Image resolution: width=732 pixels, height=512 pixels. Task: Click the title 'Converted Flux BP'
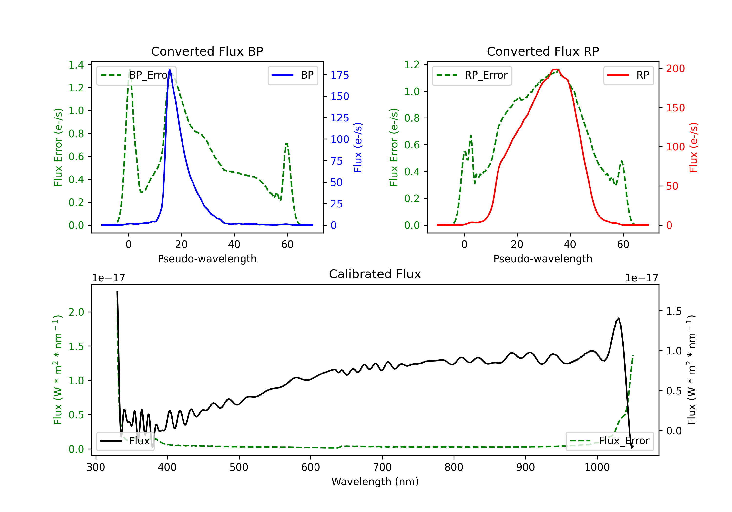pyautogui.click(x=207, y=51)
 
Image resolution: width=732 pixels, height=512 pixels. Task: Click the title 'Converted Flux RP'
pyautogui.click(x=543, y=51)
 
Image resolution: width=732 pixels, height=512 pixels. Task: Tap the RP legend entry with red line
pyautogui.click(x=628, y=75)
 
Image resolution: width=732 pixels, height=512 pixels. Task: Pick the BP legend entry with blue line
pyautogui.click(x=293, y=75)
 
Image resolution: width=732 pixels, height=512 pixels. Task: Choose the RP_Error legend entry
pyautogui.click(x=472, y=75)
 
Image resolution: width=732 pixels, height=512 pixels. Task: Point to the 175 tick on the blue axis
pyautogui.click(x=340, y=75)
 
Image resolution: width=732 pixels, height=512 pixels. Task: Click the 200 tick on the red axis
pyautogui.click(x=675, y=69)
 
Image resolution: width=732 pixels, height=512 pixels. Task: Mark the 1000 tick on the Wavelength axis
pyautogui.click(x=597, y=467)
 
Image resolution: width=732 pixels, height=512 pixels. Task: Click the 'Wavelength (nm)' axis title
pyautogui.click(x=375, y=482)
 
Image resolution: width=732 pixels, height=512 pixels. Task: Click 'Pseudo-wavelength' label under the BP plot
pyautogui.click(x=207, y=259)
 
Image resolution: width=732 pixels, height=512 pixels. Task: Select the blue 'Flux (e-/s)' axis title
pyautogui.click(x=358, y=147)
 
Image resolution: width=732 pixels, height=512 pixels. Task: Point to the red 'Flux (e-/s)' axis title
pyautogui.click(x=693, y=147)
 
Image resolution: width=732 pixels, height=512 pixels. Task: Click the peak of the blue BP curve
pyautogui.click(x=170, y=69)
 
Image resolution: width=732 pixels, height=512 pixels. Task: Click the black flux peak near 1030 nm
pyautogui.click(x=619, y=318)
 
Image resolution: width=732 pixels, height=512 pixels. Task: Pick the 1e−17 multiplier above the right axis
pyautogui.click(x=641, y=278)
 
